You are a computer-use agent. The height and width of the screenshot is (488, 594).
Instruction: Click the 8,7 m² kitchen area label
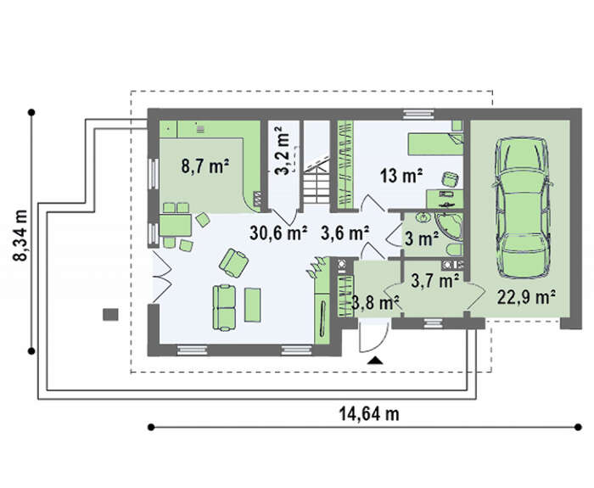tap(205, 166)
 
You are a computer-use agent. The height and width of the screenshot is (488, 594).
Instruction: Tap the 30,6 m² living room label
tap(278, 233)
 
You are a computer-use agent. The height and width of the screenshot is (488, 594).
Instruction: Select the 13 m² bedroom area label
tap(401, 176)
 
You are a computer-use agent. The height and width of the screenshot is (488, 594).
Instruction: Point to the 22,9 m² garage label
tap(526, 297)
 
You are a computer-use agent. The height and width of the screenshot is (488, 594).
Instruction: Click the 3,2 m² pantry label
tap(283, 154)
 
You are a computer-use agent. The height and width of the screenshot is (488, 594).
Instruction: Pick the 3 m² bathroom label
tap(422, 238)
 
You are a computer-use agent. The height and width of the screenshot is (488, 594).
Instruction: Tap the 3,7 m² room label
tap(435, 281)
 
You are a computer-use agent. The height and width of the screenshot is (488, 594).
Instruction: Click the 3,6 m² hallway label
tap(345, 233)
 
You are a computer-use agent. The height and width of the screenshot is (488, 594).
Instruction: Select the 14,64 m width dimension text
tap(369, 413)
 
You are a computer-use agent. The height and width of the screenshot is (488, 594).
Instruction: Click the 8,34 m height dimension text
tap(20, 235)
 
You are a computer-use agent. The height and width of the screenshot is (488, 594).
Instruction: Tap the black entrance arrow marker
tap(375, 361)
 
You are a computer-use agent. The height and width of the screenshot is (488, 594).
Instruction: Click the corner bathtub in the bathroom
tap(450, 227)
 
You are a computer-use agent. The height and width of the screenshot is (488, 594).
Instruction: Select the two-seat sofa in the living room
tap(224, 307)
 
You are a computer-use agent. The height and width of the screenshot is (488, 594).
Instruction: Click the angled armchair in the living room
tap(233, 263)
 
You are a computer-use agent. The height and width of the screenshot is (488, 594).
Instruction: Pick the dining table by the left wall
tap(176, 225)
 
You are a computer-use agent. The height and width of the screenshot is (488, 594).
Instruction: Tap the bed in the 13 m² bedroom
tap(435, 143)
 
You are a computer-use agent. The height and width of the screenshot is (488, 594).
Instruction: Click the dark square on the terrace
tap(110, 315)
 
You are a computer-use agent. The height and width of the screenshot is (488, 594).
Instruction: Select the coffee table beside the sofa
tap(252, 305)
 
